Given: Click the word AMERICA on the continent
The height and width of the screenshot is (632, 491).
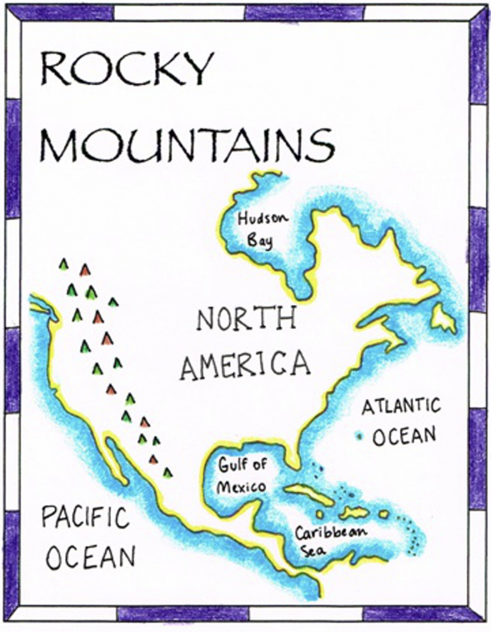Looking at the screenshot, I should click(245, 365).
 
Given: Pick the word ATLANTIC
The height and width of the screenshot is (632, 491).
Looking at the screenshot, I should click(401, 406).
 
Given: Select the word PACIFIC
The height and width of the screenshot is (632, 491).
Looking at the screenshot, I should click(85, 517).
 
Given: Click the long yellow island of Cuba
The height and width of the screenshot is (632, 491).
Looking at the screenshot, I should click(308, 493).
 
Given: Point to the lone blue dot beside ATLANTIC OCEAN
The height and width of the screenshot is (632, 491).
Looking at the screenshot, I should click(359, 437).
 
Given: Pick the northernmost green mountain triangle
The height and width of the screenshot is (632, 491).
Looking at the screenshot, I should click(63, 264).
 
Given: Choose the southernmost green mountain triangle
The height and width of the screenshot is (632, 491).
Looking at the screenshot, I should click(168, 472).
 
